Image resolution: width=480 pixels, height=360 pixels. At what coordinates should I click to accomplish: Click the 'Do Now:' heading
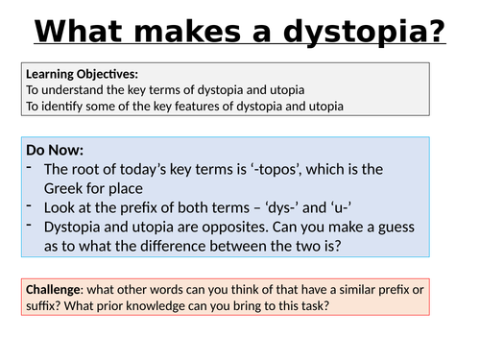click(x=56, y=151)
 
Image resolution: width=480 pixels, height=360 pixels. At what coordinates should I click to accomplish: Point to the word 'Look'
click(x=61, y=207)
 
